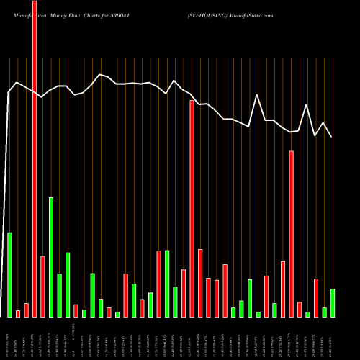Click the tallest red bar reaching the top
click(x=35, y=158)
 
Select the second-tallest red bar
click(x=192, y=209)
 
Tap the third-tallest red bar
click(x=291, y=234)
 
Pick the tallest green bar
click(x=51, y=257)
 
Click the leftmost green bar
click(x=9, y=274)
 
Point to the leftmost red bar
click(x=18, y=313)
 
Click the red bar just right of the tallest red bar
click(x=42, y=286)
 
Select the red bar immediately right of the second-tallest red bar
click(x=200, y=283)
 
